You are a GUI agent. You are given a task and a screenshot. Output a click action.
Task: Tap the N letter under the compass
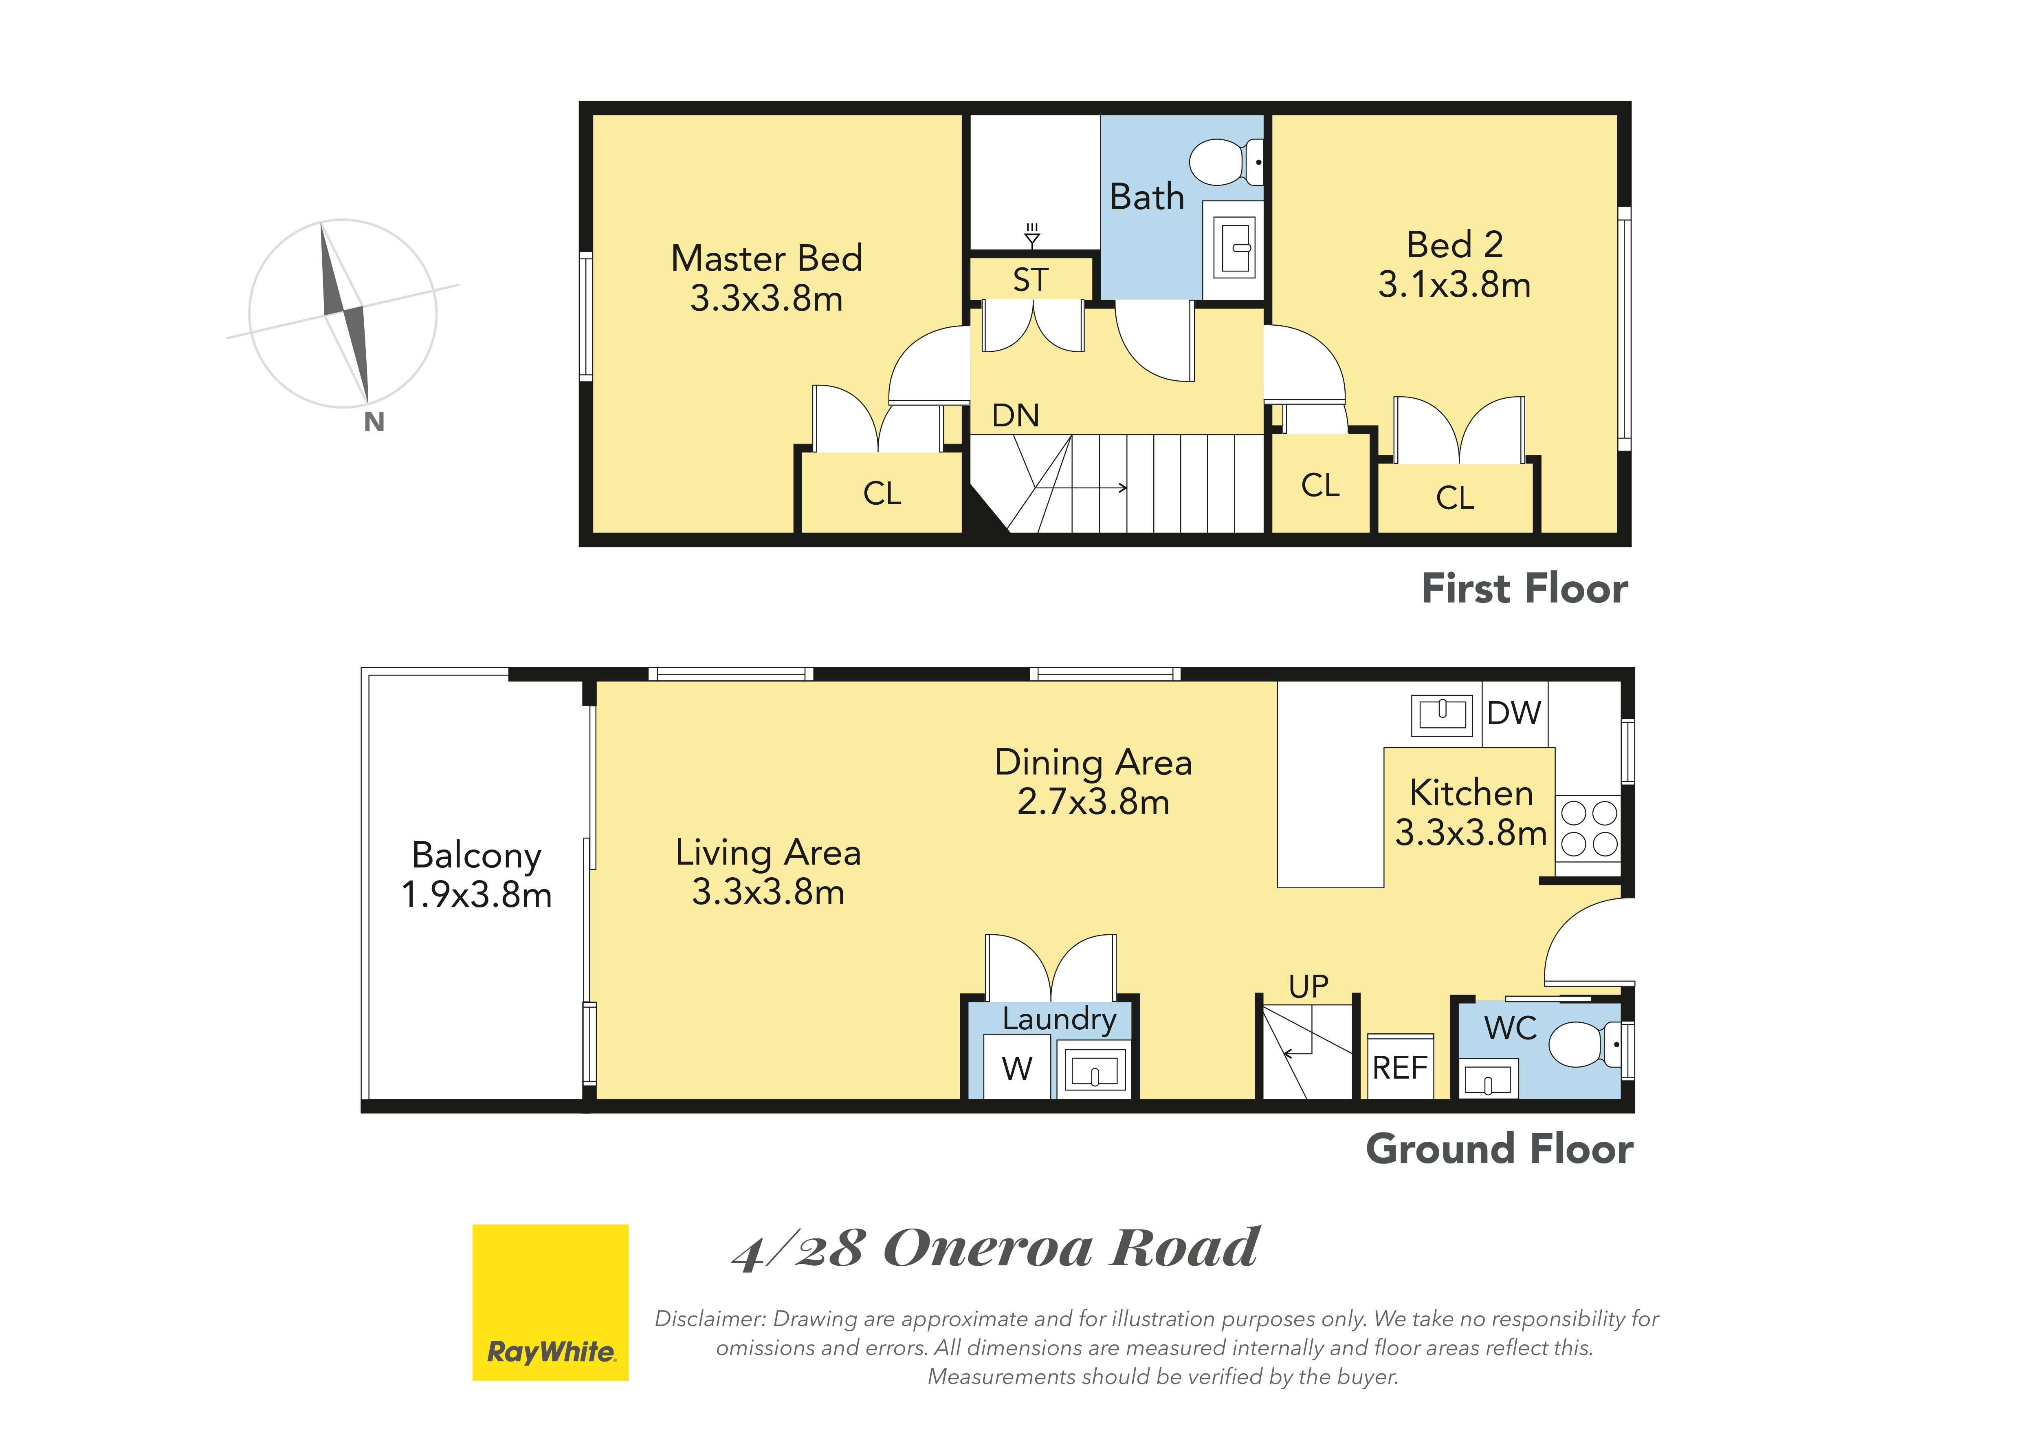click(374, 423)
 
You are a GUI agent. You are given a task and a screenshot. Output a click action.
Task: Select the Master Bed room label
click(767, 258)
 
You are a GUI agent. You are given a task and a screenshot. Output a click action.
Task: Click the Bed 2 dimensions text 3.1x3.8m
click(1454, 285)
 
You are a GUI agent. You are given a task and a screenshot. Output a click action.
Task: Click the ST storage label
click(1031, 280)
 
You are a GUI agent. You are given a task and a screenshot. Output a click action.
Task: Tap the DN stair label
click(1016, 416)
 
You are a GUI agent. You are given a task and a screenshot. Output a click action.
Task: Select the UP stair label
click(1308, 986)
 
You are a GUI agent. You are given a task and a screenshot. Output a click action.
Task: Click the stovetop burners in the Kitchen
click(1589, 828)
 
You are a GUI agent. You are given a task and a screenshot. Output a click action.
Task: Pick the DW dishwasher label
click(1514, 713)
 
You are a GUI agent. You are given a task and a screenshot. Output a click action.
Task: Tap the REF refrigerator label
click(1400, 1068)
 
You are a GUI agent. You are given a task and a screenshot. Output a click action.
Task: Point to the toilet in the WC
click(1584, 1044)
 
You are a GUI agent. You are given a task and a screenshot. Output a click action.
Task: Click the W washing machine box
click(1017, 1066)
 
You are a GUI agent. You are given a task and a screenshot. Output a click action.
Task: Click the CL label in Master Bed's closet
click(882, 493)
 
